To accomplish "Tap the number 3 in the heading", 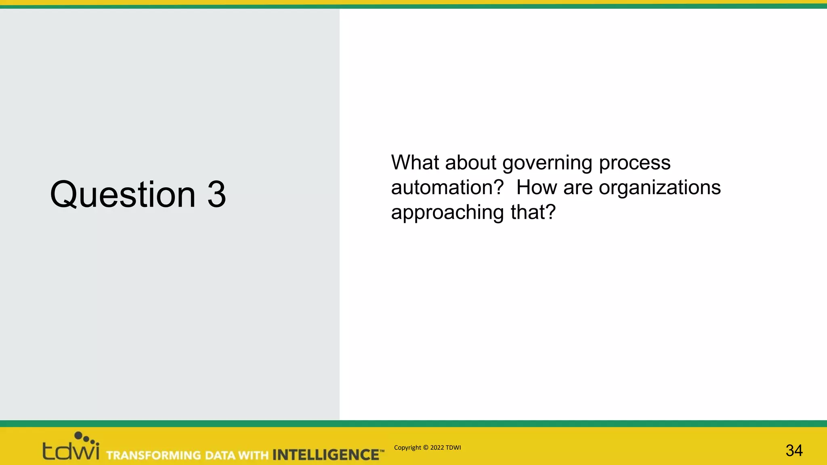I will [x=216, y=195].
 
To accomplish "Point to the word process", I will [x=634, y=163].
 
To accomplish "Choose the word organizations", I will [x=659, y=188].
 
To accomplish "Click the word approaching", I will [x=447, y=213].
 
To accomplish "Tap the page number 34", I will [x=794, y=450].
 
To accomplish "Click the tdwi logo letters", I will [x=71, y=451].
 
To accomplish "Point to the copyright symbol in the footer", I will [x=425, y=448].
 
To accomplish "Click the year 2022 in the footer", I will [x=437, y=448].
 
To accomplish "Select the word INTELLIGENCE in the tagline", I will [x=325, y=455].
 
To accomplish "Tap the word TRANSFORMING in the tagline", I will [x=153, y=455].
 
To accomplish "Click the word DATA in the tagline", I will [x=220, y=455].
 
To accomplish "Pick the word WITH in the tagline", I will [x=253, y=455].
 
